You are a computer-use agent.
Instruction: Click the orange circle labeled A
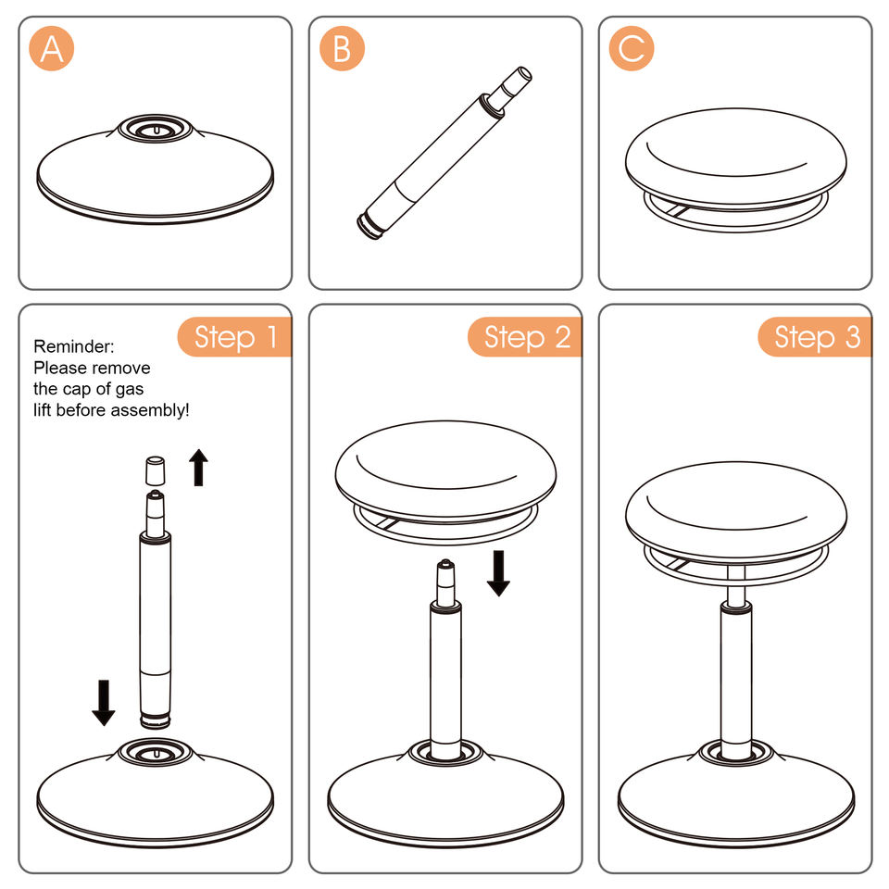click(52, 48)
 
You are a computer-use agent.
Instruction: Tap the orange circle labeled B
click(342, 48)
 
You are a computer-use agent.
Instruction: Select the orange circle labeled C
click(632, 48)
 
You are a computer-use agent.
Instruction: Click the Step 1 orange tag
click(234, 337)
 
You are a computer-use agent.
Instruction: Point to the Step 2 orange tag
click(525, 337)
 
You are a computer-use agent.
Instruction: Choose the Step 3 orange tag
click(815, 337)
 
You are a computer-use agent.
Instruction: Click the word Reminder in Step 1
click(74, 346)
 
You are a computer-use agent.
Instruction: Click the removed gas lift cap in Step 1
click(156, 470)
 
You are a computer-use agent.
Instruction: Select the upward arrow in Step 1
click(198, 467)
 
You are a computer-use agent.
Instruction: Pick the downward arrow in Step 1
click(103, 703)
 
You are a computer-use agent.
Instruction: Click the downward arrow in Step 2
click(498, 573)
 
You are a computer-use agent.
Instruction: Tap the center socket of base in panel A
click(156, 130)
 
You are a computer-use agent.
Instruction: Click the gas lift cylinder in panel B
click(444, 154)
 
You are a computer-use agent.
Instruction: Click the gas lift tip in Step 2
click(445, 581)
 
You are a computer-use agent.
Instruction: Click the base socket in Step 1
click(156, 752)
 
